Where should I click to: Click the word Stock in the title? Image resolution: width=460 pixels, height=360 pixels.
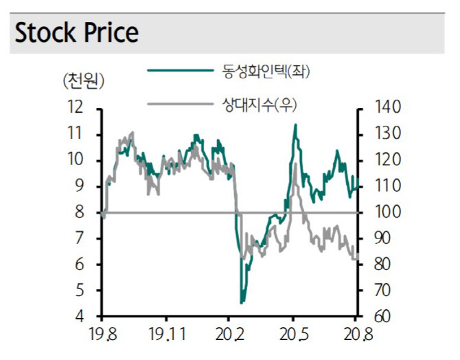(x=45, y=32)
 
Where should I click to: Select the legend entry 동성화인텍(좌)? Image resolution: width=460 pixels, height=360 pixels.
(x=266, y=71)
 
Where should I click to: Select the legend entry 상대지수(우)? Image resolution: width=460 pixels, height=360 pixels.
(x=260, y=104)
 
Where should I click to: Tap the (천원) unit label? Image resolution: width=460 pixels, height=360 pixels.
(x=84, y=81)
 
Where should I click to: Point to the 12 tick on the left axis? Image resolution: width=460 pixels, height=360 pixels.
(x=75, y=107)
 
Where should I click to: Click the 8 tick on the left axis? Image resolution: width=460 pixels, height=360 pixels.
(x=79, y=212)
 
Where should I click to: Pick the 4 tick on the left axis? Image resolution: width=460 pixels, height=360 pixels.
(x=79, y=317)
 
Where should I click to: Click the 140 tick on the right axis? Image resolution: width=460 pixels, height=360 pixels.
(x=387, y=107)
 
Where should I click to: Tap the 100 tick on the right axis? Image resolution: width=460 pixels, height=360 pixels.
(x=387, y=212)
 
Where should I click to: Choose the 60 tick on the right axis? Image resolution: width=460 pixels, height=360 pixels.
(x=382, y=317)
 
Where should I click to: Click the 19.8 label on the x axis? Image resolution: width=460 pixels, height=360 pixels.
(x=102, y=335)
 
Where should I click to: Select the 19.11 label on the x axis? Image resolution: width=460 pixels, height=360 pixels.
(x=168, y=335)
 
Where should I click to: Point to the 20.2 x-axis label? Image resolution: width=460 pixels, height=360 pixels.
(x=229, y=335)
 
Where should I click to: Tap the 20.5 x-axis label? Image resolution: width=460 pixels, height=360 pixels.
(x=294, y=335)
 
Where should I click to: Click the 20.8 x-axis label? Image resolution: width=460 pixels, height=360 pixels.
(x=358, y=335)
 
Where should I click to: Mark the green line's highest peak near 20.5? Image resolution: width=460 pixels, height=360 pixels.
(x=295, y=124)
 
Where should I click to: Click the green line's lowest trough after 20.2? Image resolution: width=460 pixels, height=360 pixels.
(x=242, y=303)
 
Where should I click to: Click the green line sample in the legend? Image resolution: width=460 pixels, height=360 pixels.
(x=180, y=70)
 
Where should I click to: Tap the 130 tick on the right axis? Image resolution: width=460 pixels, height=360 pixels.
(x=387, y=133)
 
